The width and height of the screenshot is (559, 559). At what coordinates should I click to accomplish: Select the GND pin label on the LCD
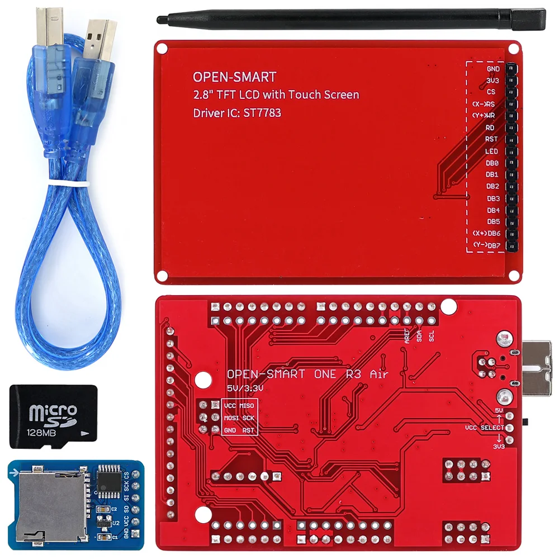(x=492, y=69)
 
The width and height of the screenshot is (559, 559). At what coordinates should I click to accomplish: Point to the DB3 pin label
(x=492, y=198)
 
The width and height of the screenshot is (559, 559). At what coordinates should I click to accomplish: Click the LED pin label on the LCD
(x=492, y=151)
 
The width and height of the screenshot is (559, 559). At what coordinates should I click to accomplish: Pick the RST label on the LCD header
(x=492, y=139)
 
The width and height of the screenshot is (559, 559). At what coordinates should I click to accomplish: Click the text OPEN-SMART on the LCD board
(x=234, y=77)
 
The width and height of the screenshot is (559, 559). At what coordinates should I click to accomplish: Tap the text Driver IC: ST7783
(x=237, y=113)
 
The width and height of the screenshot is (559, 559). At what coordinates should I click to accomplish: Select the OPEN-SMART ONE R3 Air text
(x=307, y=375)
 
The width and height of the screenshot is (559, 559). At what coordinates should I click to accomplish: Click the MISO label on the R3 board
(x=247, y=405)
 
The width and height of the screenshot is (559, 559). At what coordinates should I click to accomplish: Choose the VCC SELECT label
(x=485, y=428)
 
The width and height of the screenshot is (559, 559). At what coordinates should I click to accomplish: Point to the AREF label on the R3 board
(x=406, y=335)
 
